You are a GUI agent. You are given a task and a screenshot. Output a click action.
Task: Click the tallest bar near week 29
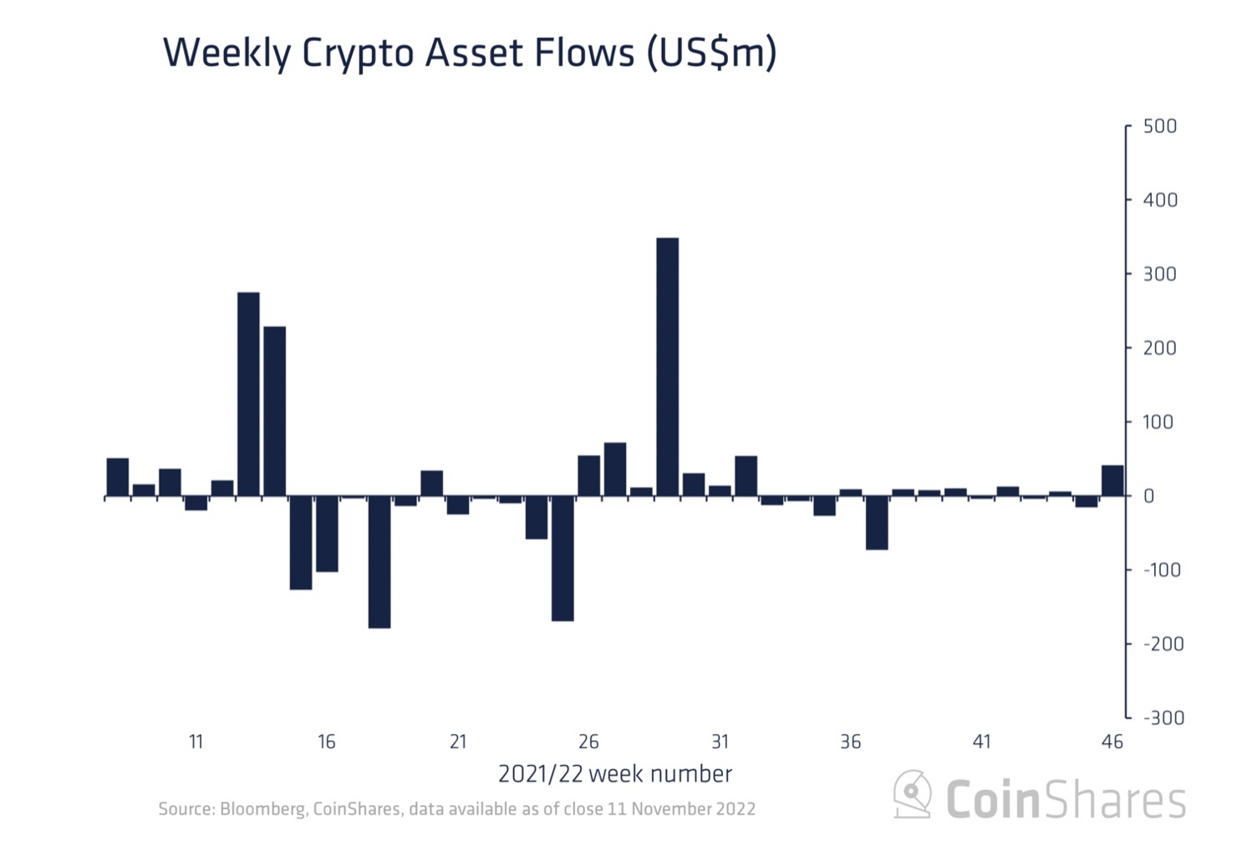(x=667, y=367)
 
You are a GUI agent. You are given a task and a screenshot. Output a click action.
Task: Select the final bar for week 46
(x=1112, y=481)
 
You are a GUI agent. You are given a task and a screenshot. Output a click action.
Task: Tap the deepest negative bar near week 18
(x=379, y=562)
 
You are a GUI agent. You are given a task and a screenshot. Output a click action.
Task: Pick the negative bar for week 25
(x=562, y=558)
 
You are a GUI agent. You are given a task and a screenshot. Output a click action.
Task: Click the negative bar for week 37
(x=877, y=522)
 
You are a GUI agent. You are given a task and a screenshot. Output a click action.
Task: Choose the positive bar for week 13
(x=248, y=394)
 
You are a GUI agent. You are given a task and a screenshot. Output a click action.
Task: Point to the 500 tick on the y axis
(x=1160, y=126)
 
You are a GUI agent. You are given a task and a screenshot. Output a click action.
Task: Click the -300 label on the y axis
(x=1163, y=718)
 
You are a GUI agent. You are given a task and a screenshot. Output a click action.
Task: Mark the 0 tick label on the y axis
(x=1149, y=496)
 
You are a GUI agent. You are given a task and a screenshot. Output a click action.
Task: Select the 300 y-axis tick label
(x=1160, y=274)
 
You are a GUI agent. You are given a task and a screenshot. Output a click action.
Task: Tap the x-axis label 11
(x=196, y=741)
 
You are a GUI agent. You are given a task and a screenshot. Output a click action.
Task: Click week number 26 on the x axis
(x=588, y=741)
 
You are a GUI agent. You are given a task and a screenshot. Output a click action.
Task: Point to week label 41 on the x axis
(x=981, y=741)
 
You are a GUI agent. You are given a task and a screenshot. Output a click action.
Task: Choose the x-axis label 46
(x=1112, y=741)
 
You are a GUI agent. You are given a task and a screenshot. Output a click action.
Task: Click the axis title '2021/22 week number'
(x=615, y=774)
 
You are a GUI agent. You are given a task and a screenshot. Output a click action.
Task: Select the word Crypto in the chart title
(x=359, y=54)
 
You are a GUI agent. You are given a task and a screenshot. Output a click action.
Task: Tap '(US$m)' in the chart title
(x=711, y=54)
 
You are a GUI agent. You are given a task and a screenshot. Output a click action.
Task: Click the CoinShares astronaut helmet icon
(x=913, y=793)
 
